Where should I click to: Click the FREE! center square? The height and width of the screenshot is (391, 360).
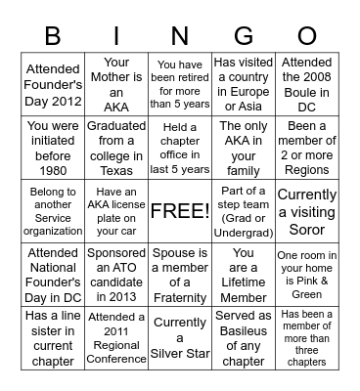[179, 210]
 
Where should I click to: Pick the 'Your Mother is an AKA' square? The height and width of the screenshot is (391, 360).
[116, 83]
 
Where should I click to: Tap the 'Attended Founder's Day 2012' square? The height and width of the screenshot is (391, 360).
[53, 83]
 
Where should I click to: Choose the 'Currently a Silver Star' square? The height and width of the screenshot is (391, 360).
[179, 339]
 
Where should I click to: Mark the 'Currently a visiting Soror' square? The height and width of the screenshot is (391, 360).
[307, 210]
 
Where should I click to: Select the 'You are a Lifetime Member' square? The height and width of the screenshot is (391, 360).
[244, 275]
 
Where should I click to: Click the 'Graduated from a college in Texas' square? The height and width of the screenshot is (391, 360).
[116, 148]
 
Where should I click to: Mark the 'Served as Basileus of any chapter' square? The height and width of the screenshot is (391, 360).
[244, 339]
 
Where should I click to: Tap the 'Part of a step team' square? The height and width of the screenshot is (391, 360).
[244, 210]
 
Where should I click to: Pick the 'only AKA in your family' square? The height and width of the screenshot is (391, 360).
[244, 148]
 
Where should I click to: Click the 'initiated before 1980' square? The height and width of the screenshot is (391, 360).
[53, 148]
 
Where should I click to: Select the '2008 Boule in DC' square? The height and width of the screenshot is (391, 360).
[307, 83]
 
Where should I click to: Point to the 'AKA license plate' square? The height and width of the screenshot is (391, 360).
[116, 210]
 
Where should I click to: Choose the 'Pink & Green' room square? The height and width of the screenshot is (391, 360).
[307, 275]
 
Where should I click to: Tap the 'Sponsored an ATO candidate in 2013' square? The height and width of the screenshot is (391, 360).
[116, 275]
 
